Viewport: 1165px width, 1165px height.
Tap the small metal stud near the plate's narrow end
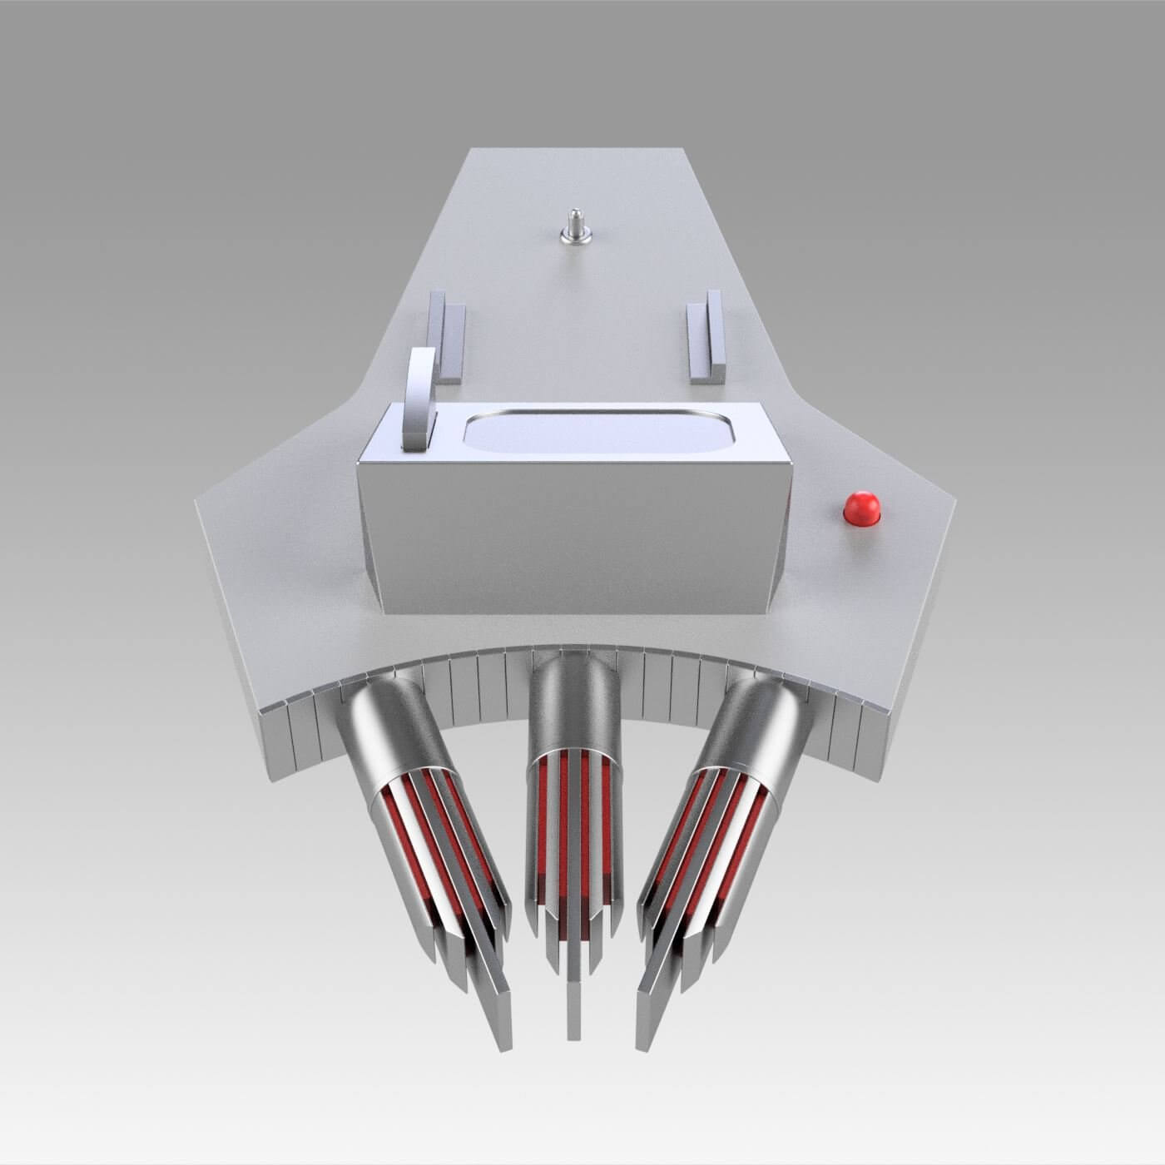[571, 229]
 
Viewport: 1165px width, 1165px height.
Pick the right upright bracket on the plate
[706, 335]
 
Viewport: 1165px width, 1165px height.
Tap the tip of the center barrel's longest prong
[573, 1032]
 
